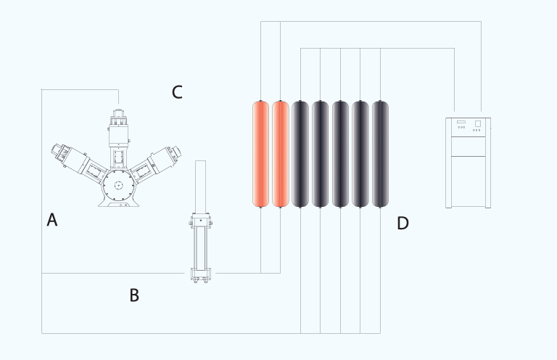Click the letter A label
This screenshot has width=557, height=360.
(x=52, y=220)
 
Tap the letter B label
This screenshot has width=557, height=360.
(x=134, y=295)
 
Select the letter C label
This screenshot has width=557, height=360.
(x=177, y=92)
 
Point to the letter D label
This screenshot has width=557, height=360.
(x=403, y=223)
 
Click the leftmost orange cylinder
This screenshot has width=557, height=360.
(x=261, y=154)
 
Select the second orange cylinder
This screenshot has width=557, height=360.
(x=280, y=154)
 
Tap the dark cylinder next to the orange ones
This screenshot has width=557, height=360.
(x=300, y=154)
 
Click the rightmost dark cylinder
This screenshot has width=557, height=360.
(x=380, y=154)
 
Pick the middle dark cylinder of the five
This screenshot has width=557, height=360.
(x=340, y=154)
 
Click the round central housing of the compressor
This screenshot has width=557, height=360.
(x=119, y=185)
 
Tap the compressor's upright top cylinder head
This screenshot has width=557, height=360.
(x=119, y=128)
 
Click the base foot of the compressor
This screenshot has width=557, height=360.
(x=119, y=203)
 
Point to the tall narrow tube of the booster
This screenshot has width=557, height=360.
(x=200, y=187)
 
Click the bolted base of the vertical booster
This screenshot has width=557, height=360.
(x=201, y=275)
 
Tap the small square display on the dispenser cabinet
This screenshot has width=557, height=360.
(x=478, y=123)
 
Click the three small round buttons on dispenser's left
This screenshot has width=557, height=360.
(x=461, y=128)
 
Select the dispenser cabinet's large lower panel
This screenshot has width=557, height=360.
(x=469, y=181)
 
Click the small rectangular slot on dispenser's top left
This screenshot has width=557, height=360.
(x=461, y=122)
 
